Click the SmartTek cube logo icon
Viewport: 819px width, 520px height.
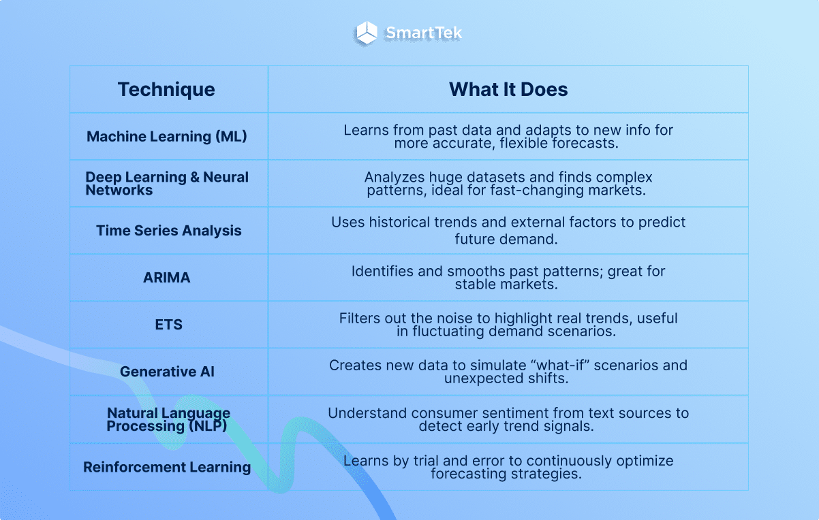tap(367, 33)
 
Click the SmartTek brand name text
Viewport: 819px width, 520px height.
tap(424, 33)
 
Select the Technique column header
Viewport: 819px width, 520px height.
tap(166, 89)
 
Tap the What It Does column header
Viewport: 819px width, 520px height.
tap(508, 89)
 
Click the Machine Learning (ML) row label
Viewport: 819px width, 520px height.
tap(167, 136)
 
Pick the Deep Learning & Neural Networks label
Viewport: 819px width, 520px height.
tap(167, 183)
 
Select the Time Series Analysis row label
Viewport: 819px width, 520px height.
tap(169, 230)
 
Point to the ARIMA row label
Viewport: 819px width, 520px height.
tap(167, 278)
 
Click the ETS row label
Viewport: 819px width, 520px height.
tap(168, 325)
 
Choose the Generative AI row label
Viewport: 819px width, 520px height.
tap(167, 372)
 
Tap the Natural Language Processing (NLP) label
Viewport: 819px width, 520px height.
tap(168, 419)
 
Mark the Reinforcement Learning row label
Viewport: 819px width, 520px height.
tap(167, 467)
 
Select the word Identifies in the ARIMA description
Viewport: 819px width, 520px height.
tap(383, 272)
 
